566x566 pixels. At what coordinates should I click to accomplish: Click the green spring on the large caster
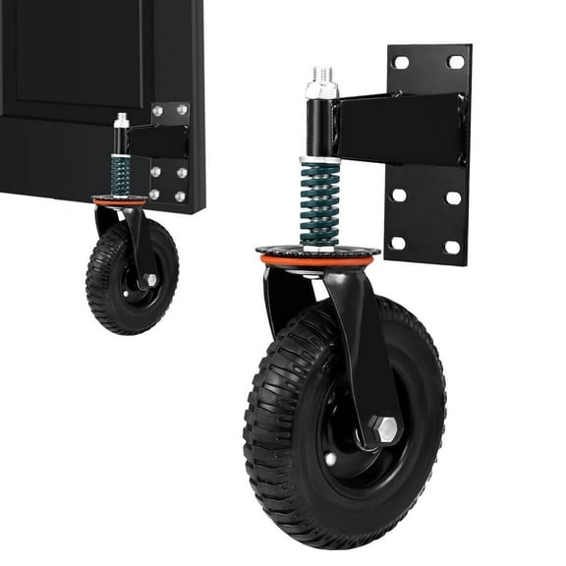tap(318, 203)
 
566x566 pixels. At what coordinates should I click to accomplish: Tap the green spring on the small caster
tap(120, 176)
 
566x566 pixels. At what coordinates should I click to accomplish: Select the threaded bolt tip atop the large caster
tap(322, 74)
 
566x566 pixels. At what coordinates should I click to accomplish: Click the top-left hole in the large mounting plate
tap(402, 63)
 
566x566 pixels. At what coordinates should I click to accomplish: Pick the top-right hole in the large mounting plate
tap(455, 61)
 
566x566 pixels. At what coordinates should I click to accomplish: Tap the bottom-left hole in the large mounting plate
tap(398, 243)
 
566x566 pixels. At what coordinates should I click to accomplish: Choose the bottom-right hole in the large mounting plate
tap(452, 246)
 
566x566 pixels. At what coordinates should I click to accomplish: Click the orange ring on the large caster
tap(316, 261)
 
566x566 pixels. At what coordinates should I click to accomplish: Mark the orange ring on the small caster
tap(119, 202)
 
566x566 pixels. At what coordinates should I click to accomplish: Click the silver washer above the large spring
tap(319, 159)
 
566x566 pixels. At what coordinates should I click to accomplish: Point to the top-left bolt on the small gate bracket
tap(157, 111)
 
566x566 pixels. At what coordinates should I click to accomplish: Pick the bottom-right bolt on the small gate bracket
tap(180, 197)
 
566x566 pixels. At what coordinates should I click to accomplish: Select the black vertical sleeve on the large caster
tap(321, 126)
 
